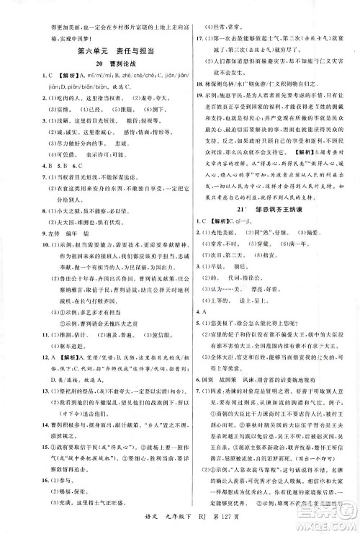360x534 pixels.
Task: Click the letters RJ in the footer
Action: point(191,522)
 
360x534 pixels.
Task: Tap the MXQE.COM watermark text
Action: point(328,527)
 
